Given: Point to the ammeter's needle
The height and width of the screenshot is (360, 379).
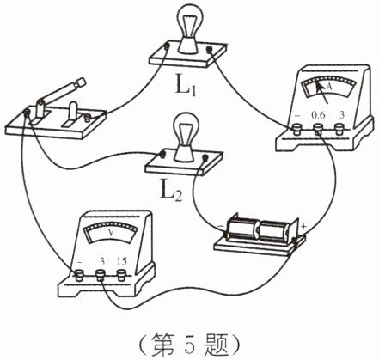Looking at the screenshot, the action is (322, 93).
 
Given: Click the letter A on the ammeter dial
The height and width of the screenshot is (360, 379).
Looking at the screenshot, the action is (329, 87).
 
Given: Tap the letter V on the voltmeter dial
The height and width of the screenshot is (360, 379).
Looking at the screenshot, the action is (110, 233).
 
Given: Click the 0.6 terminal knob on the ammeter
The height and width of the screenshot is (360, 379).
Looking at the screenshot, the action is (318, 128).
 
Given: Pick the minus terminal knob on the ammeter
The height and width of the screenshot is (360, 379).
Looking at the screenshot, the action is (296, 129).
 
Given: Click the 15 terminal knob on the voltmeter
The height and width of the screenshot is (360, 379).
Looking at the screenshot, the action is (122, 275).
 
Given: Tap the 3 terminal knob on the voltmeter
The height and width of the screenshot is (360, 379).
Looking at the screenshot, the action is (101, 275).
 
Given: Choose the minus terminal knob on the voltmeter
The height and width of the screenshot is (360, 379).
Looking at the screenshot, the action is (78, 276).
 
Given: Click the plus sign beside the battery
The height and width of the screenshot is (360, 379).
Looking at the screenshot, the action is (303, 226).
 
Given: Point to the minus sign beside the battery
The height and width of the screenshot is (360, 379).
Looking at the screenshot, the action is (221, 226).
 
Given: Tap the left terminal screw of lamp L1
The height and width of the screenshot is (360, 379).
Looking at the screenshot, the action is (167, 46).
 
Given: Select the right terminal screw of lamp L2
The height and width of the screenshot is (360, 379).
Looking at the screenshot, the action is (205, 157).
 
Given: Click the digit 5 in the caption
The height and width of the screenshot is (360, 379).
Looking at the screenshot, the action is (189, 344).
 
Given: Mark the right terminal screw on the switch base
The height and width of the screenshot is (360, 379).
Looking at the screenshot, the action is (88, 117).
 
